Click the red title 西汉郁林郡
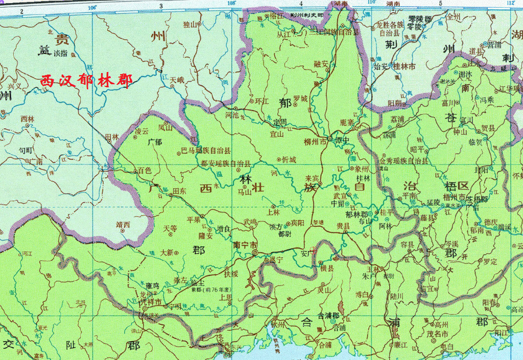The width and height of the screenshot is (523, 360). point(86,81)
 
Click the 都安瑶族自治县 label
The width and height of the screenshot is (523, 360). point(226,163)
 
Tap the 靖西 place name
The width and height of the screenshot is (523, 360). point(123,224)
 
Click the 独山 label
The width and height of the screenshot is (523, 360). point(190,23)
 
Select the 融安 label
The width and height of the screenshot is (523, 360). point(323,64)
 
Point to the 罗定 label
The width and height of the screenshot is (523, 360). point(489,261)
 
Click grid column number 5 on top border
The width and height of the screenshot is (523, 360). point(440,4)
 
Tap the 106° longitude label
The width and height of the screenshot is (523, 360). point(92,7)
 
